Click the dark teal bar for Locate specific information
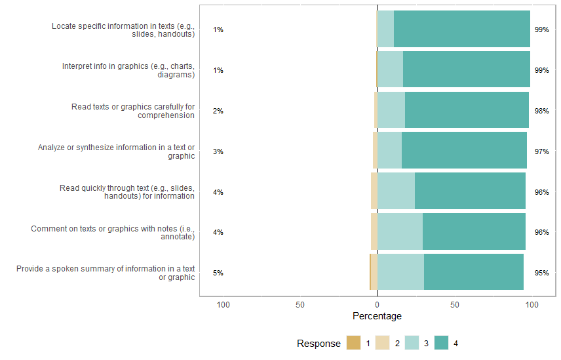click(x=461, y=29)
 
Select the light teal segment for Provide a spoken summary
click(x=400, y=272)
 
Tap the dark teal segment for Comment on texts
click(x=474, y=231)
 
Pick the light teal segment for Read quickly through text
click(x=396, y=191)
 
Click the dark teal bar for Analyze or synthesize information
click(x=464, y=151)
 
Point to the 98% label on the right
click(x=541, y=111)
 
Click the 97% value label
click(x=541, y=151)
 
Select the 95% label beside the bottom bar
click(x=541, y=273)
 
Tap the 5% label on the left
click(x=218, y=273)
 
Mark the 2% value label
click(x=218, y=111)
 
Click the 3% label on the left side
click(x=218, y=151)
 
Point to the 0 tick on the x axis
click(x=377, y=305)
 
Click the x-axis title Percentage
click(x=377, y=316)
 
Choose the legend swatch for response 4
click(x=441, y=343)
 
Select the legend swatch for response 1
click(x=354, y=343)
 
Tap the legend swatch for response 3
click(x=412, y=343)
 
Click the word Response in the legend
click(x=319, y=344)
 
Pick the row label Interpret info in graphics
click(x=128, y=70)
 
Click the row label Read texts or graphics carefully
click(x=133, y=111)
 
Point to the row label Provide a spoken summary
click(x=106, y=273)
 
